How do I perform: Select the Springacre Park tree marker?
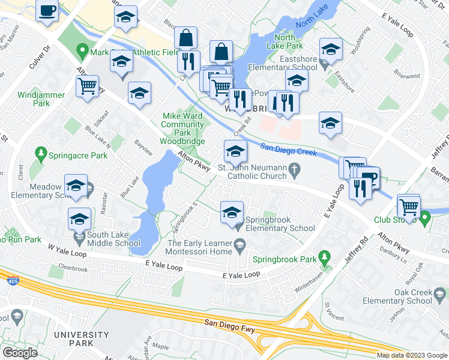click(x=41, y=155)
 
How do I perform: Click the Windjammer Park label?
click(x=33, y=99)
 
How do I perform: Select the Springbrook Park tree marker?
click(x=325, y=259)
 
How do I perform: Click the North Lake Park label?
click(x=286, y=41)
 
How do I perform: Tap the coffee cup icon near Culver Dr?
click(x=47, y=10)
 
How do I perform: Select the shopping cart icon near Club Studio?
click(x=409, y=207)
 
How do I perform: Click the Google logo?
click(x=20, y=352)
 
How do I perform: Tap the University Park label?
click(x=73, y=338)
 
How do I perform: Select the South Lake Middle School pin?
click(x=79, y=239)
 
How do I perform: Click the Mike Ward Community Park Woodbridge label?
click(x=182, y=129)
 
